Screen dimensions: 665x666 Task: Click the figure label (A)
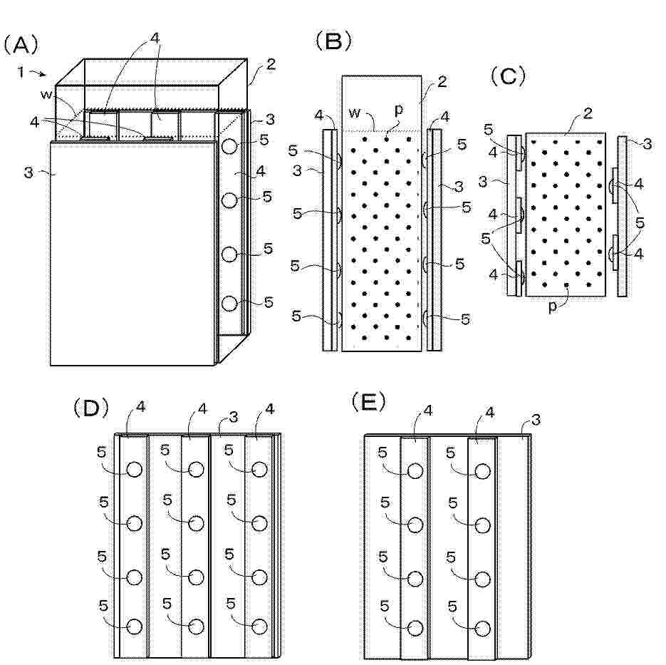click(19, 45)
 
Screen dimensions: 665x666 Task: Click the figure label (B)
click(333, 42)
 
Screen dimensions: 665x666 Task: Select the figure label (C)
click(508, 76)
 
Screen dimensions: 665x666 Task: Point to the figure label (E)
click(369, 403)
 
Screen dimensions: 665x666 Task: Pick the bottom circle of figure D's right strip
click(260, 627)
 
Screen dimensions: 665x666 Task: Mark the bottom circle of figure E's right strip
click(482, 628)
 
